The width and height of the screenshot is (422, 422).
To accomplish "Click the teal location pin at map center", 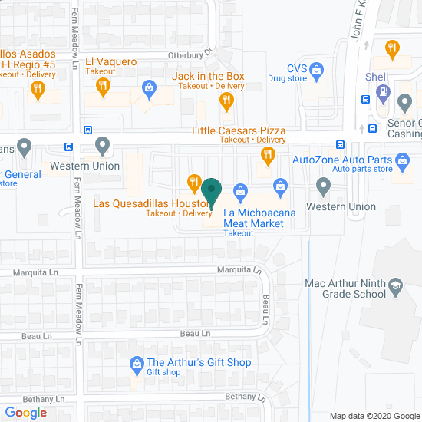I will pos(211,190).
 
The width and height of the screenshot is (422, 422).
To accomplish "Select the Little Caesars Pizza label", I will pos(239,130).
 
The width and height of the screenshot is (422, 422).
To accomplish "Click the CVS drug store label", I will pos(297,68).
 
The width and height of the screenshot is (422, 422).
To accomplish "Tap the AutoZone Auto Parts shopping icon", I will pos(403,160).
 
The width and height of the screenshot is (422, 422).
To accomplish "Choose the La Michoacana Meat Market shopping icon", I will pos(239,190).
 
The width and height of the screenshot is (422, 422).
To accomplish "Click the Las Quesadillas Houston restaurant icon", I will pos(194,183).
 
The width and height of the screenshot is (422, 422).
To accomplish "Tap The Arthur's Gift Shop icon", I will pos(137,363).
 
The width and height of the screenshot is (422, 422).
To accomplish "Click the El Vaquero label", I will pos(110,61).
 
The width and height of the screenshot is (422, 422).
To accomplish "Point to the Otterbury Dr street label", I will pos(190,54).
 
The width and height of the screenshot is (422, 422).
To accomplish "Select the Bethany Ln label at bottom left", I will pos(33,399).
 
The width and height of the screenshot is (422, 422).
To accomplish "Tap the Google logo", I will pos(25,413).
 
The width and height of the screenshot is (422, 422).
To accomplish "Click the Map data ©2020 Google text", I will pos(374,416).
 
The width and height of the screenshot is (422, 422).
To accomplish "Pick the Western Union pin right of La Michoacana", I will pos(323,186).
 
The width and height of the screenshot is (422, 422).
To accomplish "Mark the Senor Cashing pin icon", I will pos(405,101).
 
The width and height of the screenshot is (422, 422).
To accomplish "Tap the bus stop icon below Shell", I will pos(372,128).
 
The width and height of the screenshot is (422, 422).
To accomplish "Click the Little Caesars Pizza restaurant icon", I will pos(268,156).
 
